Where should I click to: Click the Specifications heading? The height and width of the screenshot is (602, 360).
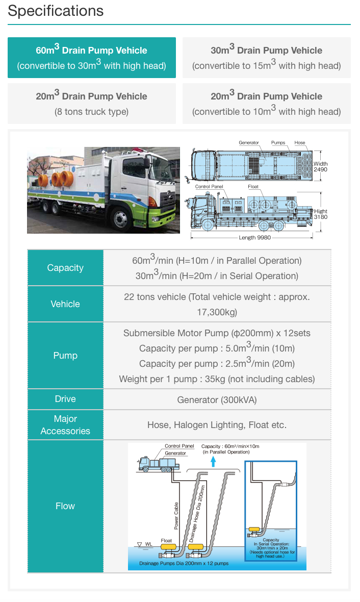(56, 11)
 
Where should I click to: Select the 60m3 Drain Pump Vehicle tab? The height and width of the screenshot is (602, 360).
(92, 58)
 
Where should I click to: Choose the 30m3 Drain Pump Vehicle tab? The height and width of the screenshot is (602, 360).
(266, 58)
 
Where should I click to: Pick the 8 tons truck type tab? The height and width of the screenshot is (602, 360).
(92, 104)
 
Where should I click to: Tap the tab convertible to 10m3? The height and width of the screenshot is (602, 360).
(266, 104)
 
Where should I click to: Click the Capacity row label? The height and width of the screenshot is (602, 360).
(65, 268)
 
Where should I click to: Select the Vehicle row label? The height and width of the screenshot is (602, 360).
(65, 304)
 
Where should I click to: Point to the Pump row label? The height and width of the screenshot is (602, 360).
(65, 356)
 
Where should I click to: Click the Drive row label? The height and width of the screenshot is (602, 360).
(65, 399)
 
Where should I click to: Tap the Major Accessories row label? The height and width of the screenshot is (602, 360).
(65, 425)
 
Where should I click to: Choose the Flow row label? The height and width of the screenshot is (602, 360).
(65, 506)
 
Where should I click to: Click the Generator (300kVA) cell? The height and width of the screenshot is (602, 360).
(217, 399)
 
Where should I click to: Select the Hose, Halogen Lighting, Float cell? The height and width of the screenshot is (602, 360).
(217, 425)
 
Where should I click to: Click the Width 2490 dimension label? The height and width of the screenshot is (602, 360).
(320, 166)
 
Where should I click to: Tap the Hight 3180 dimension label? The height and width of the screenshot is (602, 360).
(321, 214)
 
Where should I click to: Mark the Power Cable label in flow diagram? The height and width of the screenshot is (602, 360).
(176, 515)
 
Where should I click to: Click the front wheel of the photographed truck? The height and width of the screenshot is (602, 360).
(121, 219)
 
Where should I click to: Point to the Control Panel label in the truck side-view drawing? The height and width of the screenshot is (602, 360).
(209, 187)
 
